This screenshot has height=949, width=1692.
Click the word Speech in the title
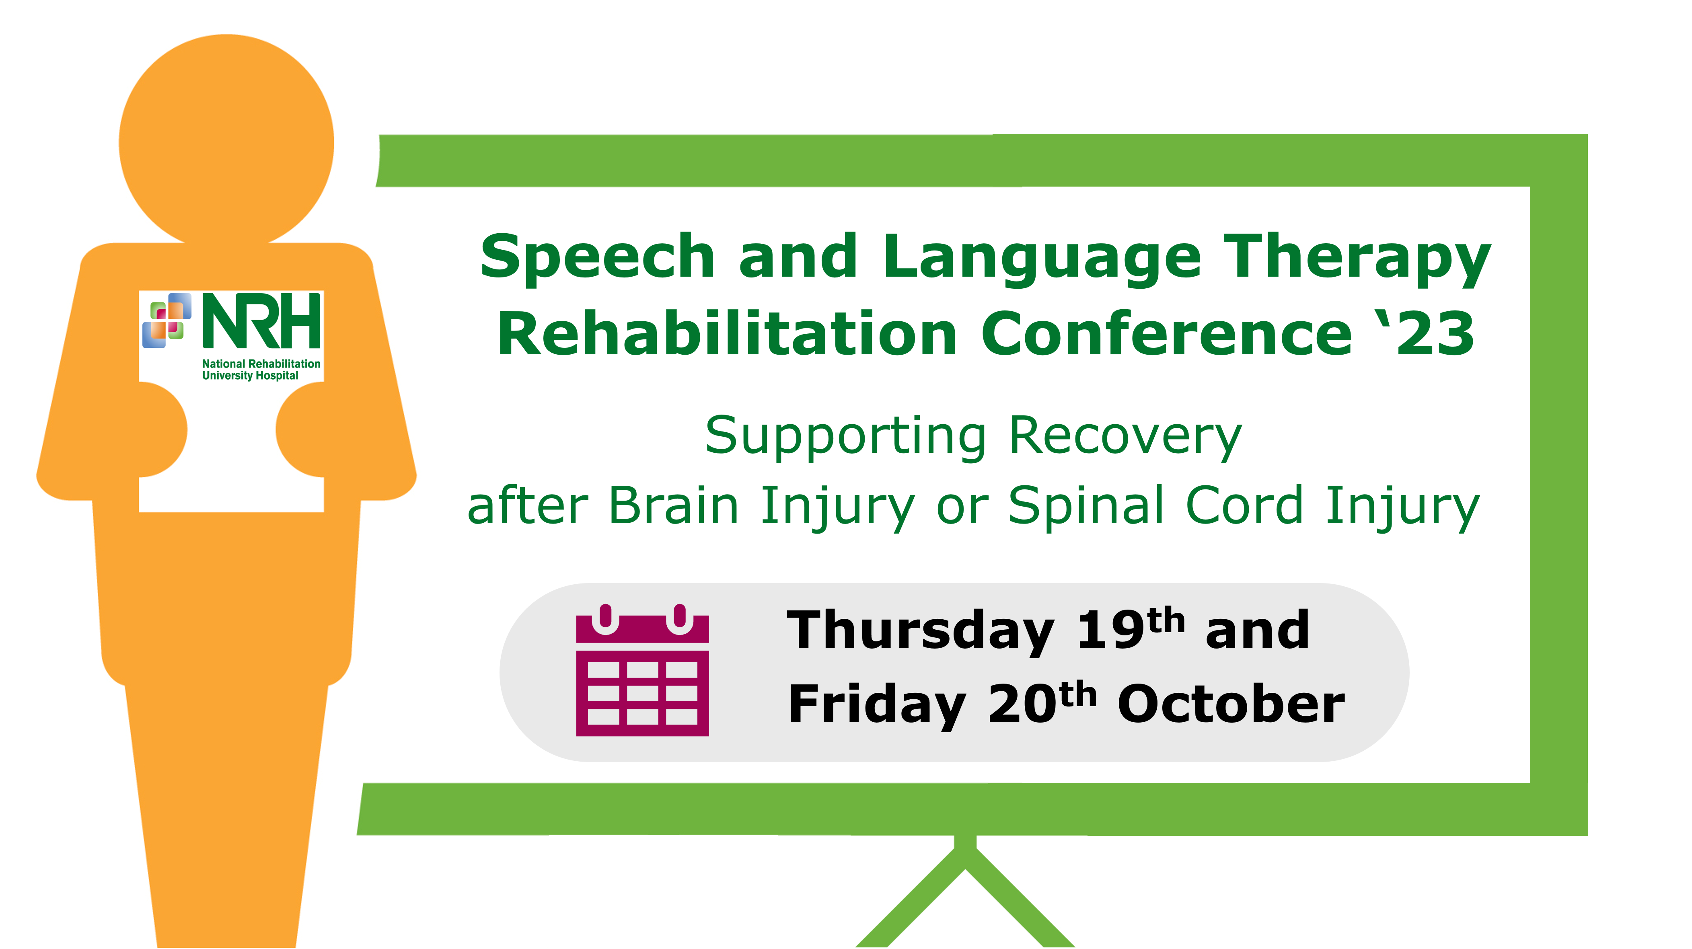(597, 257)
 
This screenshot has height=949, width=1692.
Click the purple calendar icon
(642, 670)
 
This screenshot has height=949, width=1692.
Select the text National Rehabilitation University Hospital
(261, 370)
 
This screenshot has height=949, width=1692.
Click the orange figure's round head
(226, 141)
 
